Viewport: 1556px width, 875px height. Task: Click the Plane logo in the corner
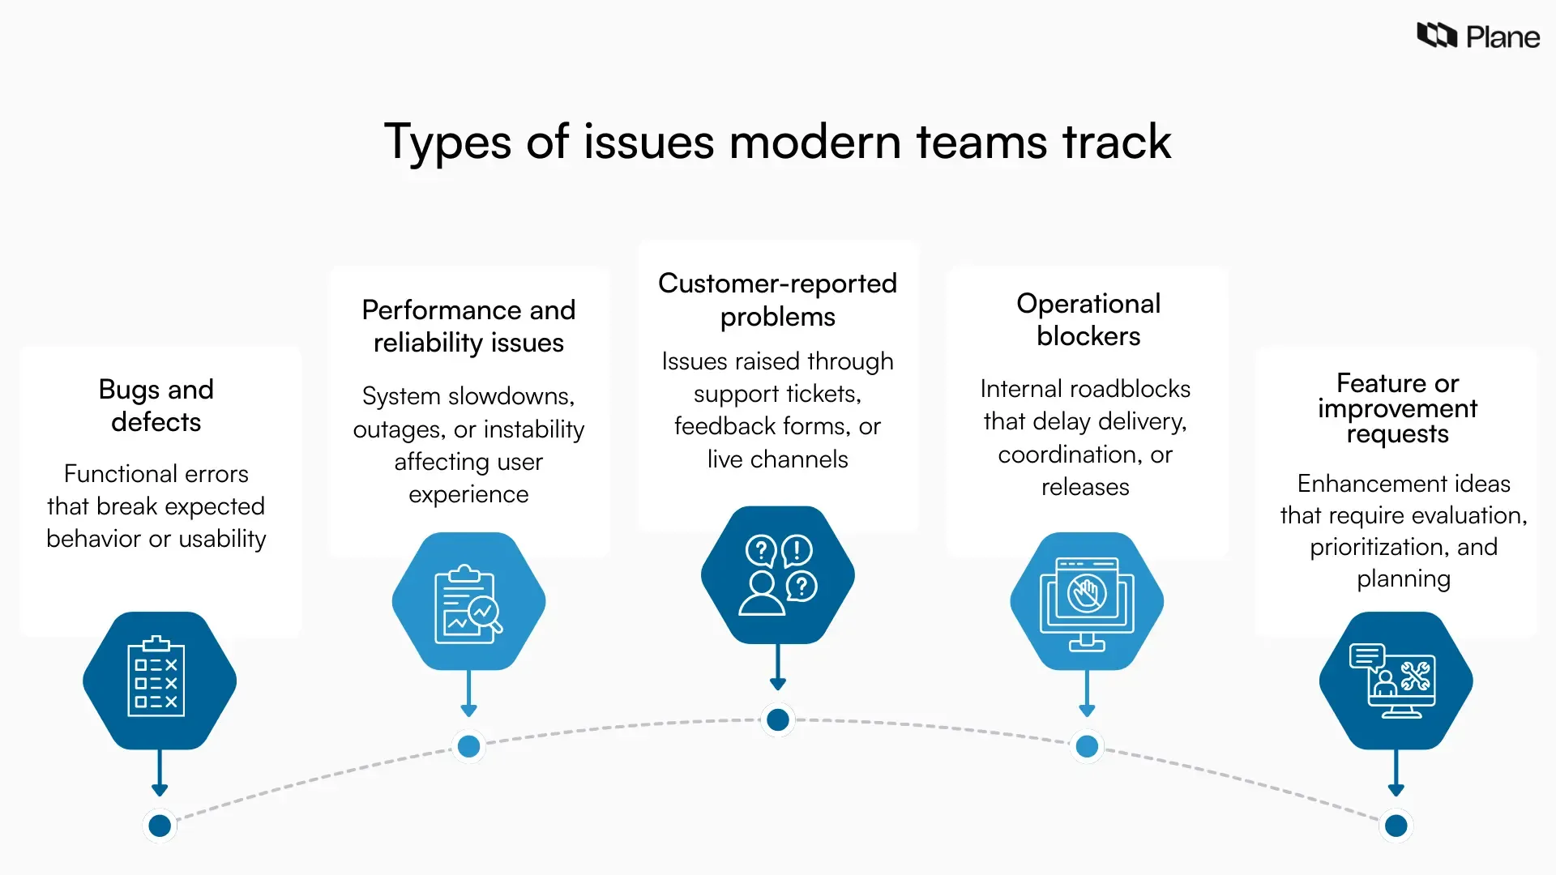click(1477, 36)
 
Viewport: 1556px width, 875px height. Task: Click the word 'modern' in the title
click(814, 143)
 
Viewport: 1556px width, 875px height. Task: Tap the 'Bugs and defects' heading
click(156, 405)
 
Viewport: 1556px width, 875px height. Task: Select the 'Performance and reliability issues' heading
click(468, 326)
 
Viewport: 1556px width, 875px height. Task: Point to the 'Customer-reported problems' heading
click(777, 300)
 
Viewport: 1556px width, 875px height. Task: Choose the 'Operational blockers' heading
click(1088, 319)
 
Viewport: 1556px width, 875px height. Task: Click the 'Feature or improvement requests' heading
click(1397, 408)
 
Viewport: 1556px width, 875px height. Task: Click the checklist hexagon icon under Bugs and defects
click(159, 679)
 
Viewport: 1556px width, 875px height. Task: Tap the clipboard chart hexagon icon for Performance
click(468, 601)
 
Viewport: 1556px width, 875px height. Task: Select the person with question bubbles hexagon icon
click(777, 575)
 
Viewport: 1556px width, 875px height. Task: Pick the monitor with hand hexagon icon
click(1087, 601)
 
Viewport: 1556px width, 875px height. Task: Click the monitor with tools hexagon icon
click(1396, 680)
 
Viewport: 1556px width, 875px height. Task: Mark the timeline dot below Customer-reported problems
click(778, 719)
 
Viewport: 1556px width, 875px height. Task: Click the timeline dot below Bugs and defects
click(160, 826)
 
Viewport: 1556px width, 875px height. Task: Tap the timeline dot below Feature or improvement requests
click(1396, 826)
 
